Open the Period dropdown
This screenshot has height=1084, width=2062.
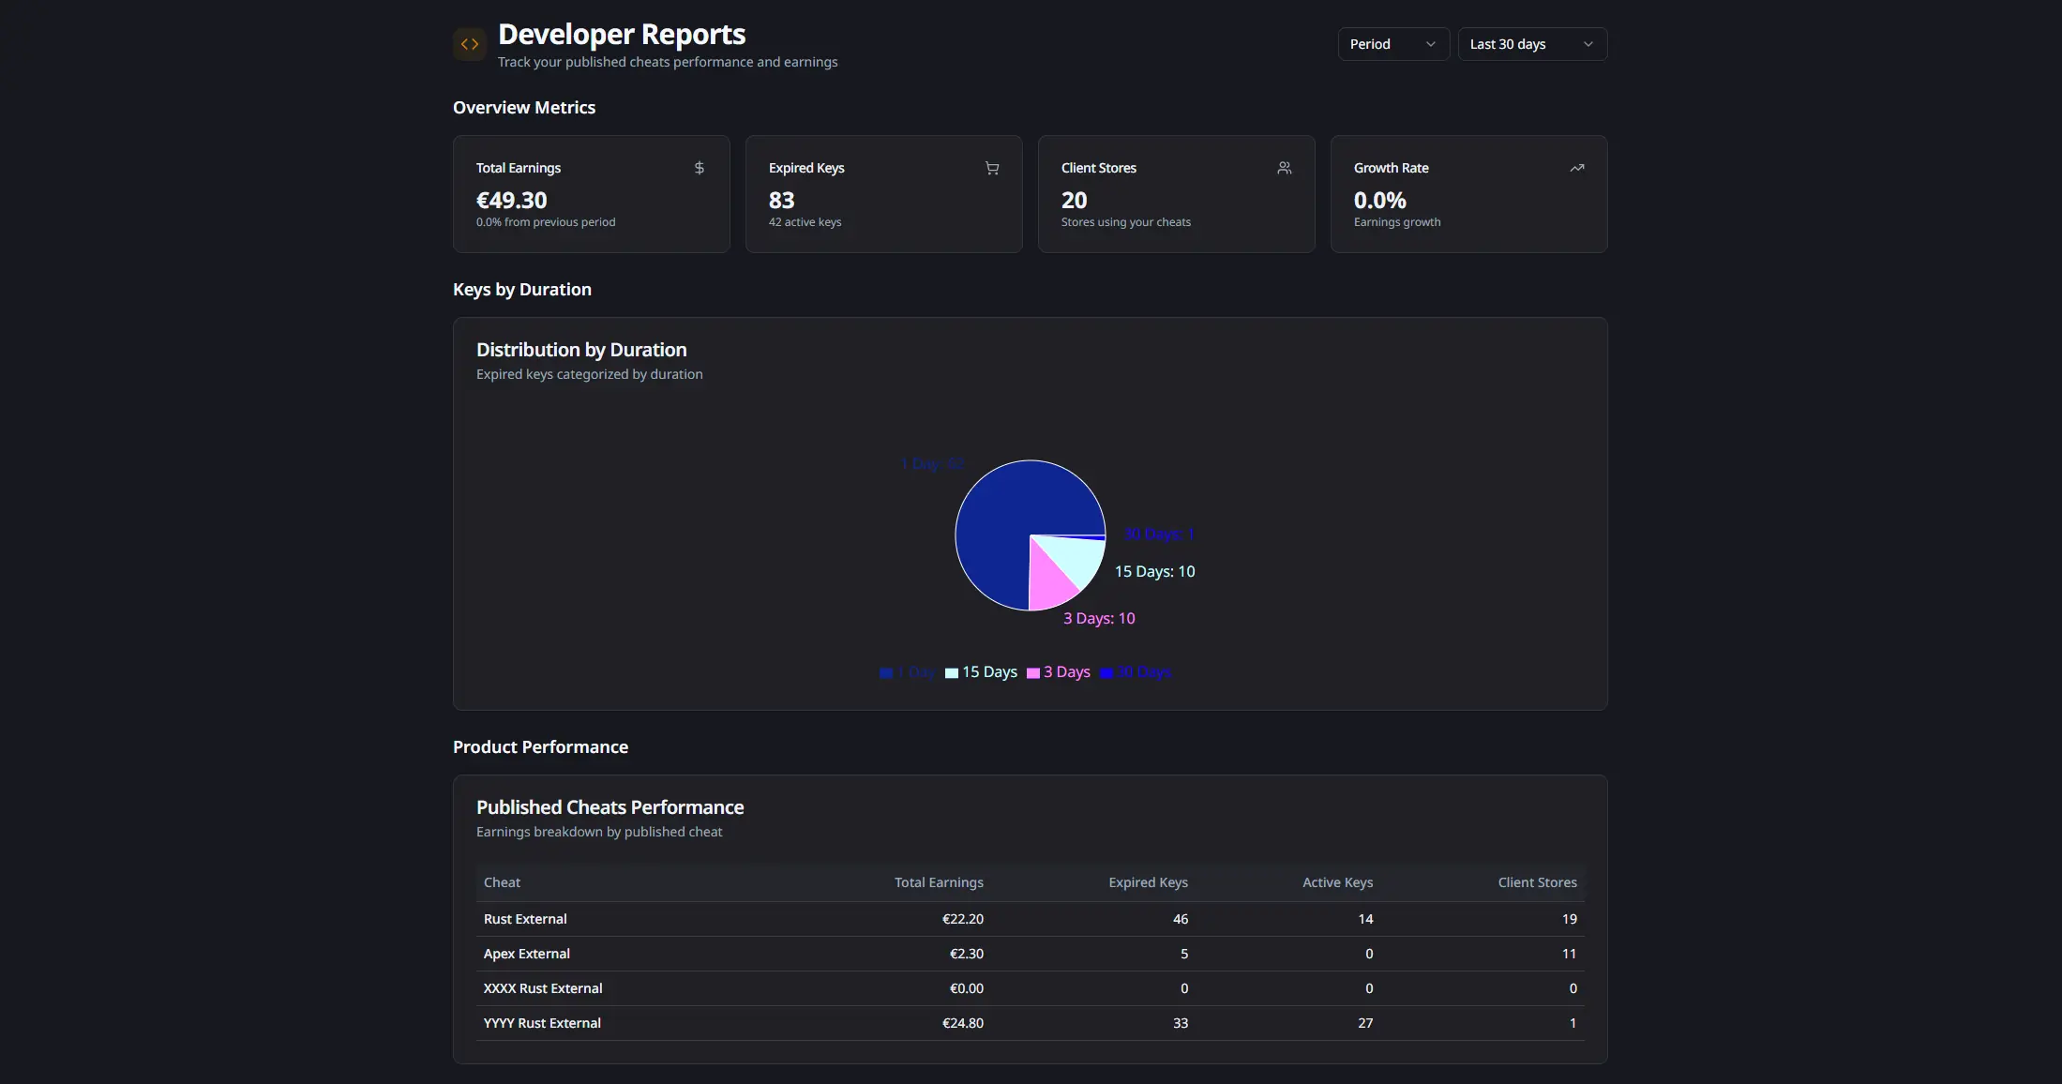click(1392, 44)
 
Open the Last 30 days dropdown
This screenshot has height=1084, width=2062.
click(1531, 44)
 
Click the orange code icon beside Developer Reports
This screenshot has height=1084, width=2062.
click(470, 44)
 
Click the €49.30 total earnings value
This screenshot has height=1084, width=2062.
click(511, 200)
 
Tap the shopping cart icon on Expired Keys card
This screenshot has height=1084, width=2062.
click(992, 168)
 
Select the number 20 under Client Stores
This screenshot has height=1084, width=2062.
click(1074, 200)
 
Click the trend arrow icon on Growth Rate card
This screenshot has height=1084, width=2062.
click(1576, 168)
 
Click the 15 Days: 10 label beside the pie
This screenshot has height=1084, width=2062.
click(1154, 571)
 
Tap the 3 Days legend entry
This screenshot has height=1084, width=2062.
click(1059, 672)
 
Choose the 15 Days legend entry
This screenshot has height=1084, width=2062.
click(981, 672)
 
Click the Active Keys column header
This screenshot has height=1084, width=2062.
click(1337, 882)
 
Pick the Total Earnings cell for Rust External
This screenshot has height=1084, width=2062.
click(962, 919)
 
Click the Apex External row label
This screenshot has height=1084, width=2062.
click(526, 954)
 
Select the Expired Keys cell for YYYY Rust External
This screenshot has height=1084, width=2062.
click(1180, 1023)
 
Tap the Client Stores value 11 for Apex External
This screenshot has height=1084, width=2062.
click(1569, 954)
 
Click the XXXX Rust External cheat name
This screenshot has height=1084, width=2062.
click(543, 988)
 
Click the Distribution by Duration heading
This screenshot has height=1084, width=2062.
click(581, 350)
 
